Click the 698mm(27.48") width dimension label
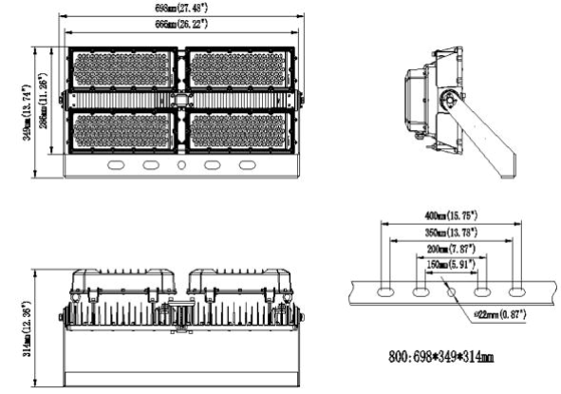182,8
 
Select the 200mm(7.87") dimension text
452,249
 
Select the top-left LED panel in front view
123,70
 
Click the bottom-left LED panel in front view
123,130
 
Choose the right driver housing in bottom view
233,281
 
